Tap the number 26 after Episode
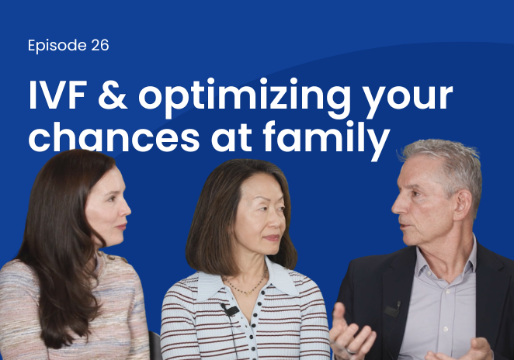click(99, 45)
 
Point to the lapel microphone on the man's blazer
click(394, 308)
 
